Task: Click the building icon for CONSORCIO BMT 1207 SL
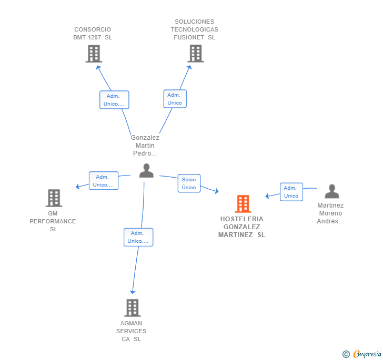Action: (x=94, y=54)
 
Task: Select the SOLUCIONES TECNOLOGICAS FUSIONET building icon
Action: (x=196, y=54)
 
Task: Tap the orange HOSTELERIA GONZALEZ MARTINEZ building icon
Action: (x=243, y=204)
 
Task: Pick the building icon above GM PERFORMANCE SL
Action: (x=54, y=198)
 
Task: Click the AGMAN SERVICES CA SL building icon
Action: (x=133, y=308)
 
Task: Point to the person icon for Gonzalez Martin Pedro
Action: (x=146, y=171)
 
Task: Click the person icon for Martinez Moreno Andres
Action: (x=332, y=191)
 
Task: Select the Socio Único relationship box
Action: (x=189, y=183)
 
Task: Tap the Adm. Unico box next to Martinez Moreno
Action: (x=291, y=192)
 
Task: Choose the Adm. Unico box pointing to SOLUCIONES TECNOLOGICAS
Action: (x=175, y=99)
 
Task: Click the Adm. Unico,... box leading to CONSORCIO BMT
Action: (x=114, y=100)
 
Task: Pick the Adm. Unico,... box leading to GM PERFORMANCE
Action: (x=104, y=181)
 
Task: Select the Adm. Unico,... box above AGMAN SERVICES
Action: (x=138, y=237)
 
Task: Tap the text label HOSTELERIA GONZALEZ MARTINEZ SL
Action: (x=241, y=227)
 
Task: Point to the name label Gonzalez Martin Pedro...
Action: (x=145, y=146)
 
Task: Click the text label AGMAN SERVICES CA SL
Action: (x=131, y=331)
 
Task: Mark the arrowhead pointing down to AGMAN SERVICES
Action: (x=133, y=292)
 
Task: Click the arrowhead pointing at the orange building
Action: (x=216, y=191)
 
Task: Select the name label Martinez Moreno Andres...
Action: (x=330, y=213)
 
